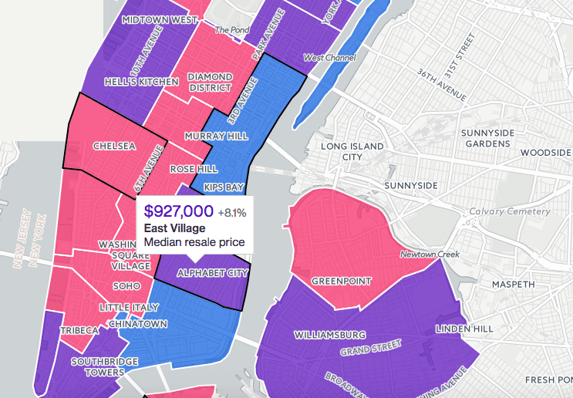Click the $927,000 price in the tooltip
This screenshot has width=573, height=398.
pyautogui.click(x=178, y=211)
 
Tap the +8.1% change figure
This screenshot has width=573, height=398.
pyautogui.click(x=232, y=212)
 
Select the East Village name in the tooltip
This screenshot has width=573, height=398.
pyautogui.click(x=175, y=228)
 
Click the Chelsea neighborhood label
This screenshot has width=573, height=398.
pyautogui.click(x=114, y=145)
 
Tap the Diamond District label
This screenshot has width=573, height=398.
pyautogui.click(x=205, y=83)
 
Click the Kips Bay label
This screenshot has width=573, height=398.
pyautogui.click(x=224, y=187)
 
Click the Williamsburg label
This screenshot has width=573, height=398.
pyautogui.click(x=329, y=335)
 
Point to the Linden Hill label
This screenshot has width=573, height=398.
pyautogui.click(x=463, y=329)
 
